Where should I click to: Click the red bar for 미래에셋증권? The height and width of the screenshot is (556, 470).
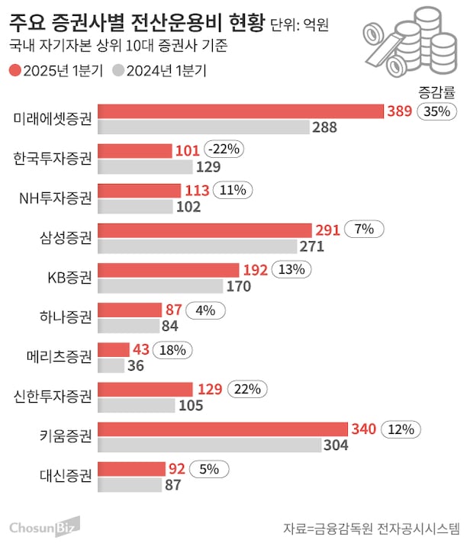click(241, 111)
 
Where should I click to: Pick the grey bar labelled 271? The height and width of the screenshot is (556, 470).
click(198, 246)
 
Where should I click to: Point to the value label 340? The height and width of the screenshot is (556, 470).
click(362, 429)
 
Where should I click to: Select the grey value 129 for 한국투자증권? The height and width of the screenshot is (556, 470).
click(208, 167)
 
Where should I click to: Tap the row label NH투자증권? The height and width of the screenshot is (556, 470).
click(55, 198)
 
